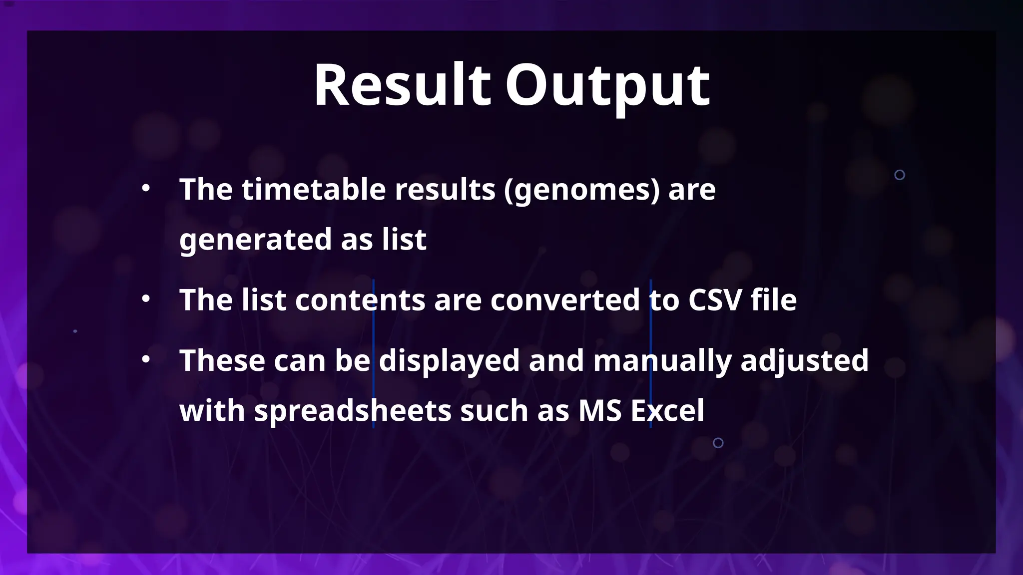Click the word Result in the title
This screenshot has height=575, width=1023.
pos(402,85)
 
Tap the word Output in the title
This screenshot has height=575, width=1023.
pos(607,86)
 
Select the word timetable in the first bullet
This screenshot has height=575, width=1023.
pos(314,190)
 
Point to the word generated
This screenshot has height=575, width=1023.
pos(255,240)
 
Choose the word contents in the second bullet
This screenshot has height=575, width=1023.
pos(360,300)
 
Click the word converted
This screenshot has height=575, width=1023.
pos(565,300)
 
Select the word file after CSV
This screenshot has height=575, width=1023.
pos(774,300)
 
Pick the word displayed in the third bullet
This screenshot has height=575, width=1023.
pos(449,361)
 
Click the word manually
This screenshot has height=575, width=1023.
pos(662,361)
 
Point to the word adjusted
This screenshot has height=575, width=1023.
pos(804,361)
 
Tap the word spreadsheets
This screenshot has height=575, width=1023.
pos(353,411)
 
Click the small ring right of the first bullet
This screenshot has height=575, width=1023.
pos(900,175)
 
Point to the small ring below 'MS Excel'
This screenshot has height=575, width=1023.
pos(718,443)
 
